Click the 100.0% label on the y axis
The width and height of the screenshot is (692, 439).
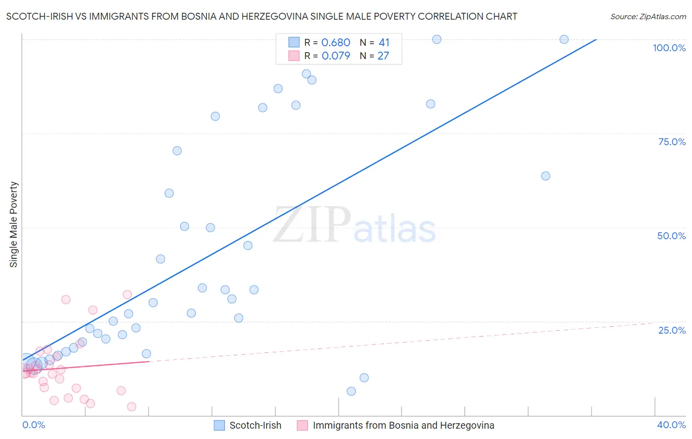coord(669,48)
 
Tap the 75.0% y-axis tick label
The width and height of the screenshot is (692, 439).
coord(672,142)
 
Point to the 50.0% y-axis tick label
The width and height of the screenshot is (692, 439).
coord(671,236)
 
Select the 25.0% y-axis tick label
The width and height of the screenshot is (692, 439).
coord(672,330)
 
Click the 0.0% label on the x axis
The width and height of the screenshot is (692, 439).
coord(33,425)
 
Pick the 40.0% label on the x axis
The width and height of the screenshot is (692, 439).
coord(671,425)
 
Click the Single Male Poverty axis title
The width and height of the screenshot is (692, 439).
coord(14,224)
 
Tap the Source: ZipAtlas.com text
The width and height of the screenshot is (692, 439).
coord(648,17)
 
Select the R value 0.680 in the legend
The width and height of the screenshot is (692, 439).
coord(336,43)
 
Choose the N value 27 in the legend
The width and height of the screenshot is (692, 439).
coord(383,56)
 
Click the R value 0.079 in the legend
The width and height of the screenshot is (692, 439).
coord(336,56)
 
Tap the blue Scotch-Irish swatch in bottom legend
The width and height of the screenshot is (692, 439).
coord(220,425)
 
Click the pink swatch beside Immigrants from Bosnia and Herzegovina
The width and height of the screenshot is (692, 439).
coord(303,425)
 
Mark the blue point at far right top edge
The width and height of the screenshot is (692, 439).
coord(564,39)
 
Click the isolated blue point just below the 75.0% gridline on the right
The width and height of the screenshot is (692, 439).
coord(545,176)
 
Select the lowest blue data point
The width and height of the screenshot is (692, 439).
coord(351,391)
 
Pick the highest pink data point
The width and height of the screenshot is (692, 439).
coord(127,295)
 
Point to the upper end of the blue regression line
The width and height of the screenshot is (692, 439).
coord(596,39)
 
